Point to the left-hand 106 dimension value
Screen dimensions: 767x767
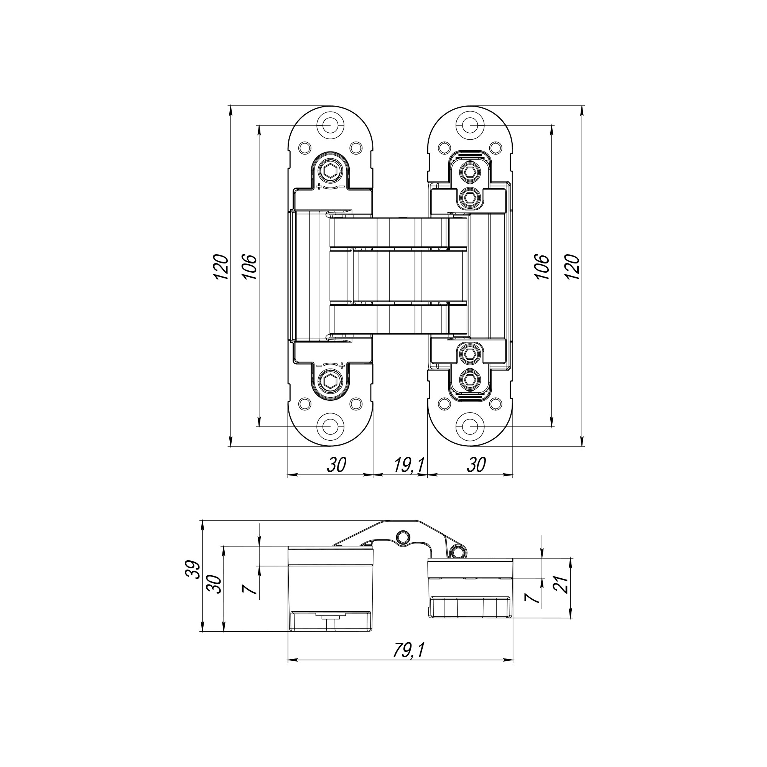(250, 267)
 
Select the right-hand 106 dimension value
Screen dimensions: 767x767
(543, 267)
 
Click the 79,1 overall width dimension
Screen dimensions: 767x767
(409, 650)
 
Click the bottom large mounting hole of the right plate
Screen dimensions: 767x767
(470, 427)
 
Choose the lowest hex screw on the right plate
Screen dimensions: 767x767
(470, 380)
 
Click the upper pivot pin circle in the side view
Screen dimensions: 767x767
(404, 537)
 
